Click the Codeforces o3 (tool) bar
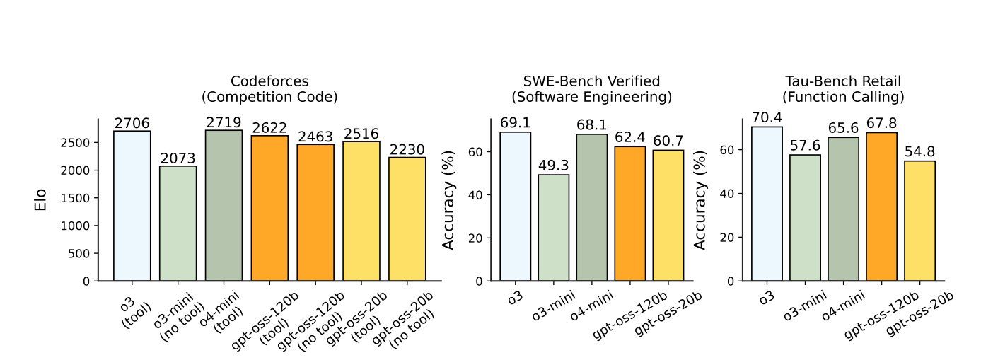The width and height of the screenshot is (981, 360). click(x=132, y=206)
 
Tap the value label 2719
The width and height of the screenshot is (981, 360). click(x=224, y=123)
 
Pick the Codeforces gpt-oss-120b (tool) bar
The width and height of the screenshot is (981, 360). click(x=269, y=209)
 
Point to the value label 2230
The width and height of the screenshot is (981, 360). click(x=407, y=150)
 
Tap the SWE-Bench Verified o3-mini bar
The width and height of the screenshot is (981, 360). click(x=554, y=228)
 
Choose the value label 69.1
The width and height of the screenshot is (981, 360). click(x=516, y=124)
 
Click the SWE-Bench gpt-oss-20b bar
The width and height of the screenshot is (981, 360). click(x=668, y=215)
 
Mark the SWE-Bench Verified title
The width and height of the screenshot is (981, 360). click(x=591, y=88)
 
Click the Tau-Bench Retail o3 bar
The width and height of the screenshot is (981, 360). click(x=767, y=204)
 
